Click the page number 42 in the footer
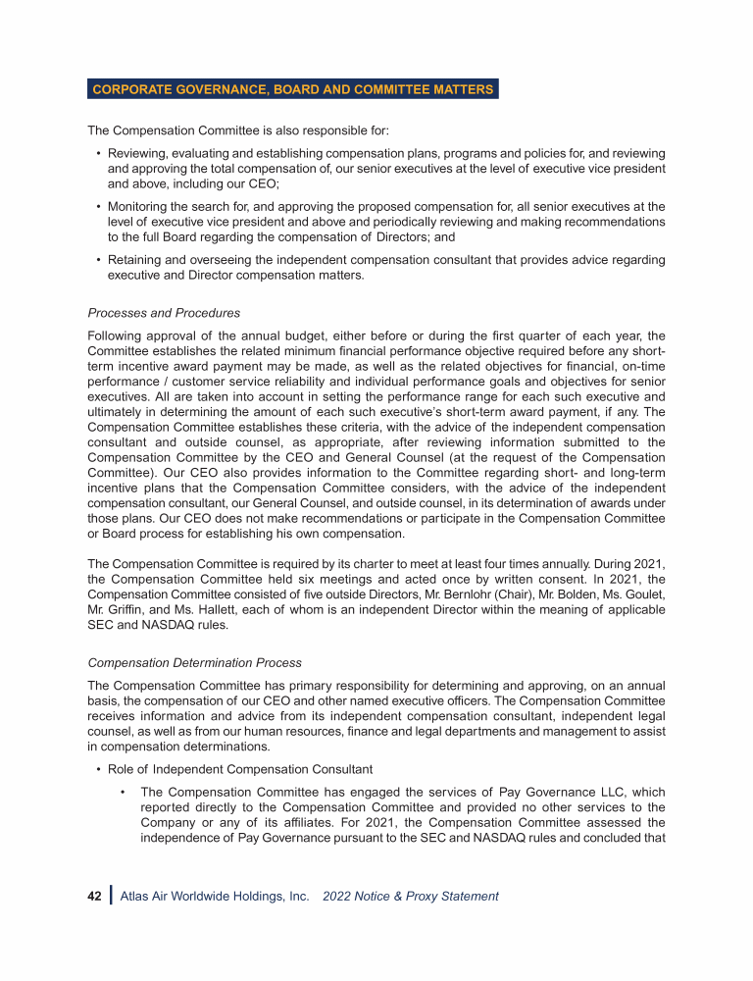point(94,896)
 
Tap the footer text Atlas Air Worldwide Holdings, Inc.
point(215,896)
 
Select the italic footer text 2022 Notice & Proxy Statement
point(410,896)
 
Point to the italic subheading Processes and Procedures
point(164,313)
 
